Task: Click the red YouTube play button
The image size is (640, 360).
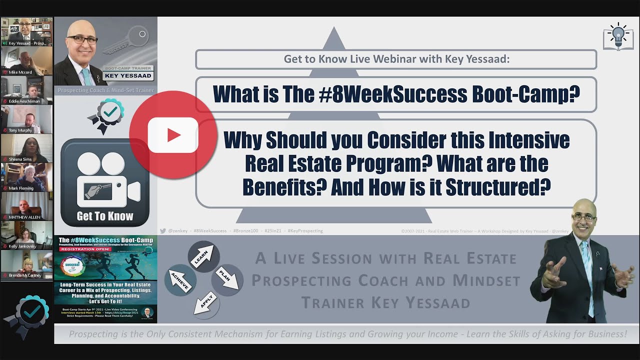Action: pos(173,135)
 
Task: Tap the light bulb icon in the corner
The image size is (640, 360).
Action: pos(618,36)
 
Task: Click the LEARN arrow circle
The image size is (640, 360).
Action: pos(203,255)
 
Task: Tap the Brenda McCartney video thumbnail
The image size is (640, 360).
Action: pos(26,264)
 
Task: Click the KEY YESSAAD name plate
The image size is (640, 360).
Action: pos(127,76)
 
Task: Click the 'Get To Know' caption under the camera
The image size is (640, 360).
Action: pos(105,216)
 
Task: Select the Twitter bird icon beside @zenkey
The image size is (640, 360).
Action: pos(162,231)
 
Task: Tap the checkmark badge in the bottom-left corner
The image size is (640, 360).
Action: pos(32,312)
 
